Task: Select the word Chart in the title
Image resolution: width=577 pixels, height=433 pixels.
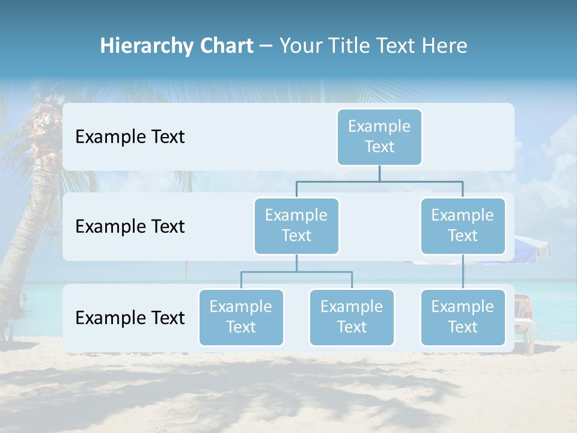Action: pyautogui.click(x=227, y=46)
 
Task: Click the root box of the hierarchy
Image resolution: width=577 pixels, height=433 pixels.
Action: pyautogui.click(x=379, y=137)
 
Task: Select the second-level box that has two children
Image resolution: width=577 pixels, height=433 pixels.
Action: pyautogui.click(x=296, y=226)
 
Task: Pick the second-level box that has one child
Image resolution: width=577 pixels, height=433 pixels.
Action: pyautogui.click(x=463, y=226)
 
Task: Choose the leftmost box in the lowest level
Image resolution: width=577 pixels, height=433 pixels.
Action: pyautogui.click(x=241, y=317)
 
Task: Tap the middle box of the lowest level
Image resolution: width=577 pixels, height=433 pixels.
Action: pyautogui.click(x=352, y=317)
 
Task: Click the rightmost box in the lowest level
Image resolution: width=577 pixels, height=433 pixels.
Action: pyautogui.click(x=463, y=317)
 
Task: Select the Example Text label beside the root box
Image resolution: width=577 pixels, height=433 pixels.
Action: pyautogui.click(x=130, y=137)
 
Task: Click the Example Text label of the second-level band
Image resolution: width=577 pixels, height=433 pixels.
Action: pyautogui.click(x=130, y=227)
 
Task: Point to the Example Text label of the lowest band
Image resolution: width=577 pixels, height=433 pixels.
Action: pyautogui.click(x=130, y=318)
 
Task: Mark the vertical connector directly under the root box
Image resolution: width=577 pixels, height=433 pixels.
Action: pyautogui.click(x=379, y=173)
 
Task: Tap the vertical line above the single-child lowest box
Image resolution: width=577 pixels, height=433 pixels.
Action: pyautogui.click(x=463, y=272)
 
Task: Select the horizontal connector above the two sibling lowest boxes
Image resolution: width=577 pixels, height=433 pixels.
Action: pyautogui.click(x=296, y=272)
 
